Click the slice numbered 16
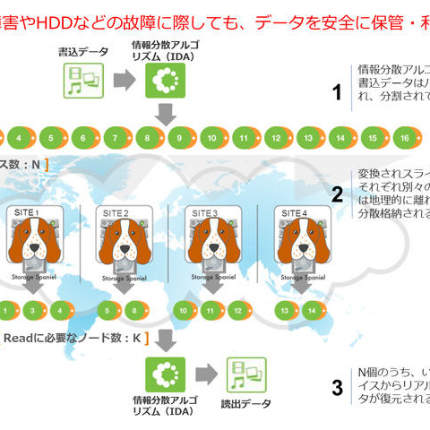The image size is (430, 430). tap(404, 139)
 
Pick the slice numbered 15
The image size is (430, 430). tap(374, 139)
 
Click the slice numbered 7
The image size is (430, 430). tap(114, 139)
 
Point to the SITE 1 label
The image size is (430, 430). tap(29, 212)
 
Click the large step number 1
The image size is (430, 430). tap(337, 92)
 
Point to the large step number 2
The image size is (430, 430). tap(337, 195)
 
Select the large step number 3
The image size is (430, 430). tap(337, 387)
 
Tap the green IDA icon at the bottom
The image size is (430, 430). tap(163, 374)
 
